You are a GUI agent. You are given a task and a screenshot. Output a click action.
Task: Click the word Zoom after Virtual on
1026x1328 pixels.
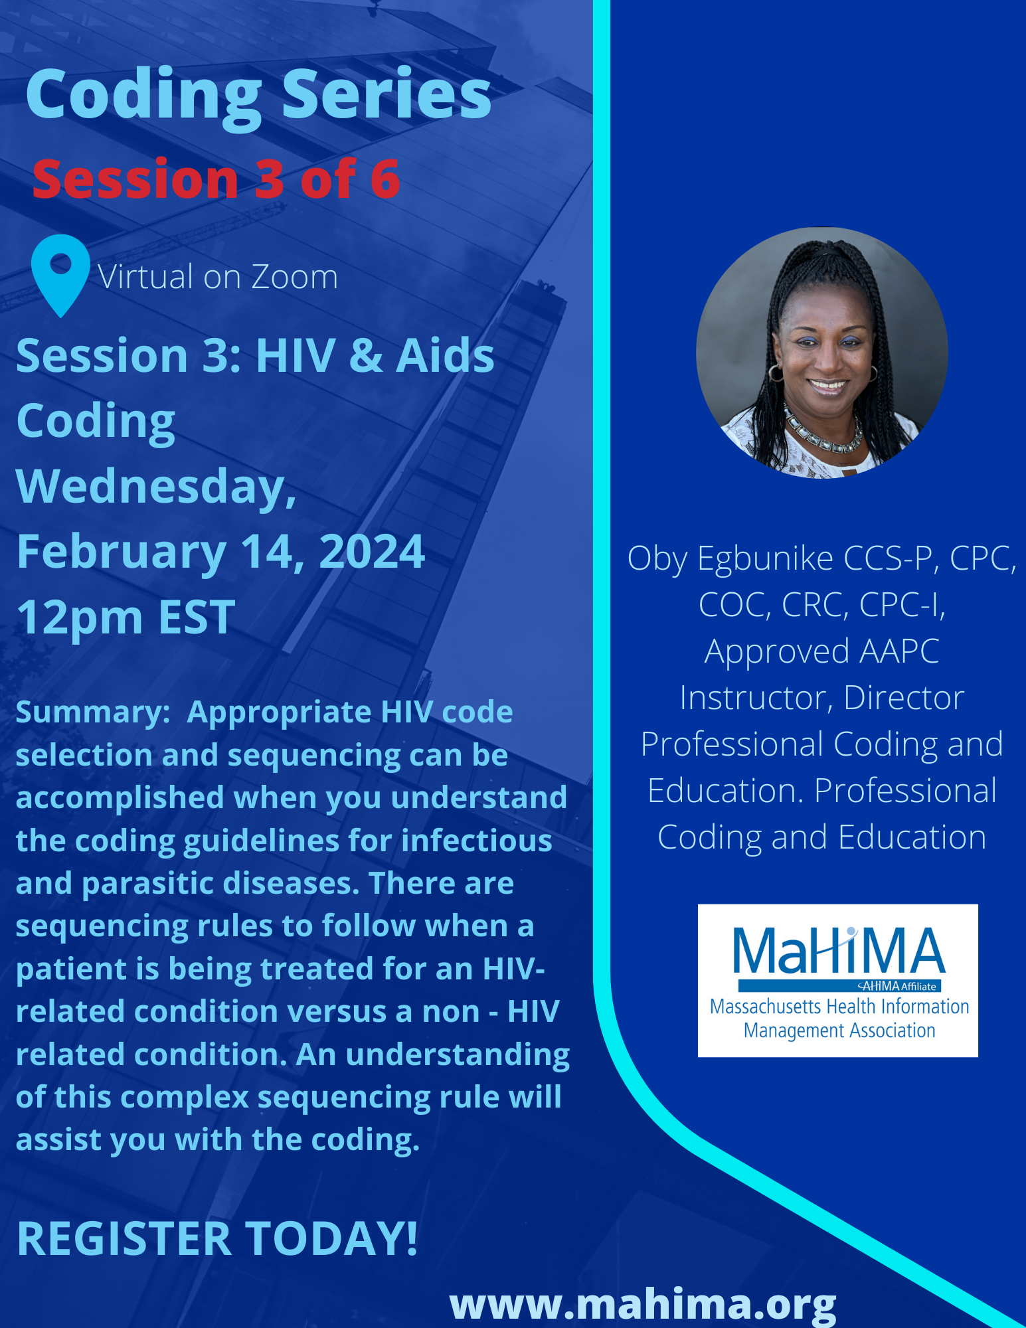pyautogui.click(x=294, y=277)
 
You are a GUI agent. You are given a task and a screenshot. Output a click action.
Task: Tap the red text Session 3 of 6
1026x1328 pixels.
pyautogui.click(x=216, y=179)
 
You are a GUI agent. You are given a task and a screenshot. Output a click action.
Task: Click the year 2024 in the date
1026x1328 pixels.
pyautogui.click(x=372, y=552)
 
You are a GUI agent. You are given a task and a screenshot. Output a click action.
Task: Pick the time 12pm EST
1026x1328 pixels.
pyautogui.click(x=126, y=618)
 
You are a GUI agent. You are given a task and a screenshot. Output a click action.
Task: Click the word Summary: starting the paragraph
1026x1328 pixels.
pyautogui.click(x=94, y=713)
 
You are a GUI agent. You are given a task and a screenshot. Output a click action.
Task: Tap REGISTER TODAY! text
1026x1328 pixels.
pyautogui.click(x=217, y=1239)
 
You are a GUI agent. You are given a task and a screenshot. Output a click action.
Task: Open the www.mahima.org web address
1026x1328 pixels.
pyautogui.click(x=643, y=1305)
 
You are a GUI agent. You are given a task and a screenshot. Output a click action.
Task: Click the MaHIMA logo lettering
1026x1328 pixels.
pyautogui.click(x=839, y=950)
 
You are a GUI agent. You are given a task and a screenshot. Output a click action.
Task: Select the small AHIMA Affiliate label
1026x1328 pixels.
pyautogui.click(x=897, y=986)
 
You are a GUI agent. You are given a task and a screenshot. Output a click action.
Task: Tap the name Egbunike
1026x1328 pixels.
pyautogui.click(x=765, y=559)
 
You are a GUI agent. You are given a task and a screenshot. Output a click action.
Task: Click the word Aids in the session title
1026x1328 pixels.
pyautogui.click(x=445, y=356)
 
